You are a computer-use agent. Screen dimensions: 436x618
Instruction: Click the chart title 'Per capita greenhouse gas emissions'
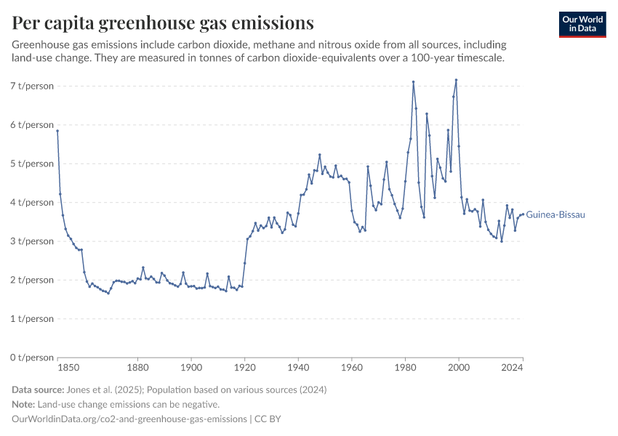point(163,23)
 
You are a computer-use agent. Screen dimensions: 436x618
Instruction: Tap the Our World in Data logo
point(582,24)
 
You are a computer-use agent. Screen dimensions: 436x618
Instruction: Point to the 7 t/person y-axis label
point(33,86)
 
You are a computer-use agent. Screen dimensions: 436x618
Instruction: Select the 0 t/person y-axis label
point(33,358)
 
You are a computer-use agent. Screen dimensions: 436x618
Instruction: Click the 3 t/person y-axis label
point(33,241)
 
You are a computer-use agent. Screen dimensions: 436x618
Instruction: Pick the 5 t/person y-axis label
point(33,163)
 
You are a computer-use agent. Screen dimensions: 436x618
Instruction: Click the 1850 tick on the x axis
point(58,368)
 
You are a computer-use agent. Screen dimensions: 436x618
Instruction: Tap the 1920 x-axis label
point(245,368)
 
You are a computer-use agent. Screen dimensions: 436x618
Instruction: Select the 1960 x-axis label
point(352,368)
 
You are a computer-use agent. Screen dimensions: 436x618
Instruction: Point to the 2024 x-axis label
point(513,368)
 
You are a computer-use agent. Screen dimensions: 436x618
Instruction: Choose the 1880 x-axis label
point(138,368)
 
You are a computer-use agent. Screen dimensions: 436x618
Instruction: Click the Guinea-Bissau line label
point(555,214)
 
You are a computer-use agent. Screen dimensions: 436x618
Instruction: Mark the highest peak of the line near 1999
point(456,80)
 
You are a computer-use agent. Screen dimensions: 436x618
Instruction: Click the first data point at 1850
point(57,131)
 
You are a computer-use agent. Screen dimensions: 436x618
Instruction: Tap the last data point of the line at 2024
point(523,214)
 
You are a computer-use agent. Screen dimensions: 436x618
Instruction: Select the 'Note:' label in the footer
point(23,405)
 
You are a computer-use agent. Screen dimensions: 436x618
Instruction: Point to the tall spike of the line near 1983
point(413,82)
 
